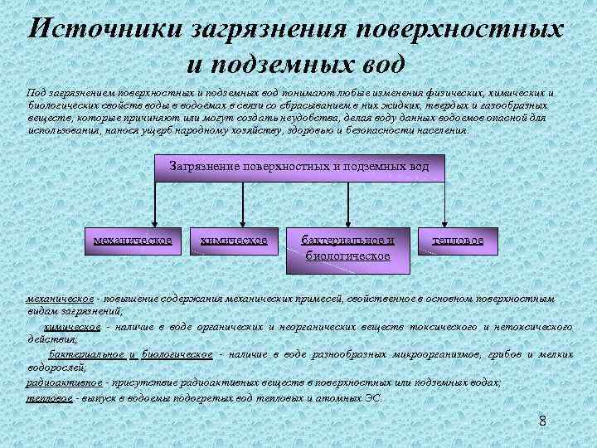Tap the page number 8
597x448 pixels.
(x=542, y=421)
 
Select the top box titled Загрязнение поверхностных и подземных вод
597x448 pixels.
(x=299, y=167)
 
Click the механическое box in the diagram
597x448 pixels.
(x=133, y=241)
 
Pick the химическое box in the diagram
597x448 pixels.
(x=234, y=241)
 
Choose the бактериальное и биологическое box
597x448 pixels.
(x=347, y=247)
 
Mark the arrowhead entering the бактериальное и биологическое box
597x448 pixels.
(x=348, y=220)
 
